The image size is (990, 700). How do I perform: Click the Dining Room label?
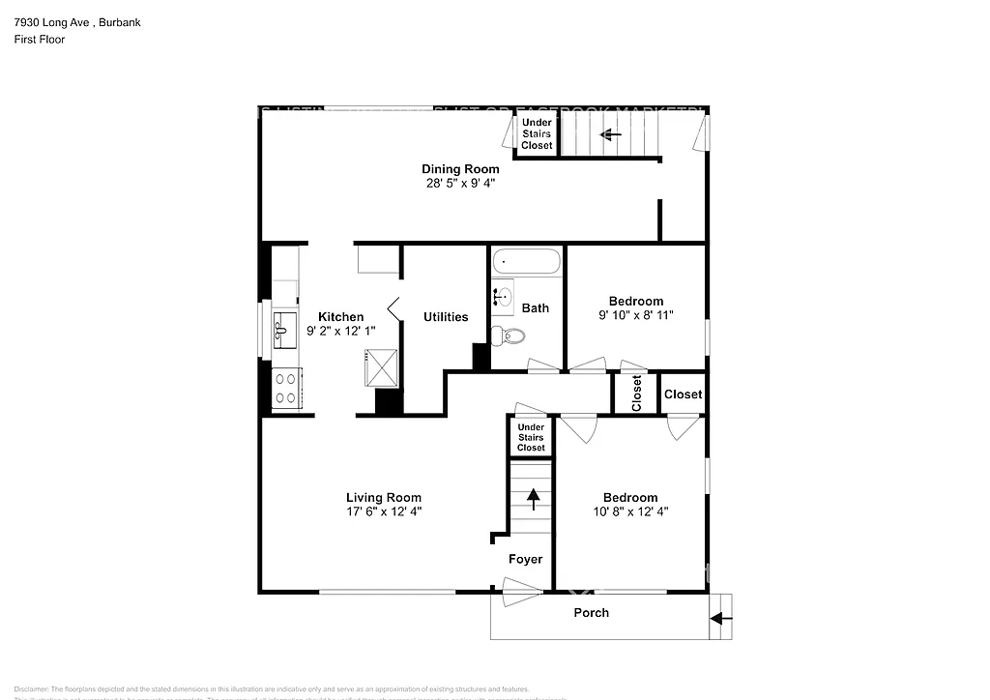pyautogui.click(x=460, y=169)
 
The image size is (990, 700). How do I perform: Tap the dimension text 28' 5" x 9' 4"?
pyautogui.click(x=460, y=183)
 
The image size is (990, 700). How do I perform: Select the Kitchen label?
pyautogui.click(x=341, y=316)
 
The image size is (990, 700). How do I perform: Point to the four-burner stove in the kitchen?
pyautogui.click(x=286, y=388)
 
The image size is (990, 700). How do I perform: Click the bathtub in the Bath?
pyautogui.click(x=527, y=261)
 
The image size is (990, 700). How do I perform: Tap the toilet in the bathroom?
pyautogui.click(x=507, y=336)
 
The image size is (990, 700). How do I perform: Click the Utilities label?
pyautogui.click(x=446, y=316)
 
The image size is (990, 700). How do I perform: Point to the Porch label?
pyautogui.click(x=592, y=613)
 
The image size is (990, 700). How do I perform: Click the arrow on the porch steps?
pyautogui.click(x=720, y=618)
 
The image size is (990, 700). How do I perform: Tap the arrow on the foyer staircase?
pyautogui.click(x=532, y=499)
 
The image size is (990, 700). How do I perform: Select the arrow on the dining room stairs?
pyautogui.click(x=610, y=134)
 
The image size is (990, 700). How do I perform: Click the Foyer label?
pyautogui.click(x=526, y=559)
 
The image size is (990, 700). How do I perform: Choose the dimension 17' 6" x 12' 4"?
pyautogui.click(x=384, y=511)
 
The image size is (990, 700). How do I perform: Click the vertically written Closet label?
pyautogui.click(x=636, y=394)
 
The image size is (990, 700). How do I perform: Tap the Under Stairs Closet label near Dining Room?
pyautogui.click(x=537, y=133)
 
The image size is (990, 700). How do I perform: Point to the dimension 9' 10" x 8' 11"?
pyautogui.click(x=635, y=315)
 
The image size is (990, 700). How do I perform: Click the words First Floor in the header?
pyautogui.click(x=40, y=40)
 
